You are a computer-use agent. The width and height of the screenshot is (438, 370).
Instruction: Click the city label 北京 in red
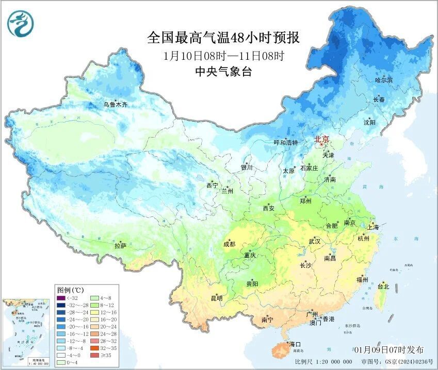tap(322, 139)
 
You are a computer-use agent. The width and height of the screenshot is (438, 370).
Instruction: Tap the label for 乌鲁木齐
tap(115, 105)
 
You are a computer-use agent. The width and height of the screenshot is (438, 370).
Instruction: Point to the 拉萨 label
tap(120, 246)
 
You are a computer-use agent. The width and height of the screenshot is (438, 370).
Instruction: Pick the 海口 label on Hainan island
tap(295, 344)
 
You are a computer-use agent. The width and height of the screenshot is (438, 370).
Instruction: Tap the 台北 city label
tap(383, 286)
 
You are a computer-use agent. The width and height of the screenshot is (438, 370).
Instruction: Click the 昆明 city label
tap(217, 298)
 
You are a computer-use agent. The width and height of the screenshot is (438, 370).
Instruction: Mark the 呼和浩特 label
tap(286, 143)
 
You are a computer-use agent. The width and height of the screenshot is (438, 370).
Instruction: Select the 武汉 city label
tap(314, 241)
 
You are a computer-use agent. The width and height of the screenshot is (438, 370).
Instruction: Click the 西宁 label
tap(212, 186)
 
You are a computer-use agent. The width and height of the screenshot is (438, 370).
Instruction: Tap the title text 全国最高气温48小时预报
tap(223, 38)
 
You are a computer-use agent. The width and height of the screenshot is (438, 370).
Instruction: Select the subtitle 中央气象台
tap(223, 72)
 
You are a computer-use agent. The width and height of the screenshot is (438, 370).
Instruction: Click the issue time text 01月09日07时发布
tap(390, 349)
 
